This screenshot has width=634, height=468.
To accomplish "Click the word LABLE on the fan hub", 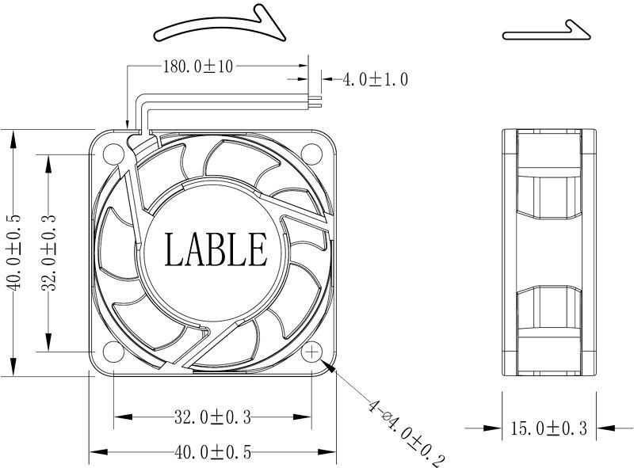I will tap(215, 249).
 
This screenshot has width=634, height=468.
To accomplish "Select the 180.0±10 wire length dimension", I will tap(197, 67).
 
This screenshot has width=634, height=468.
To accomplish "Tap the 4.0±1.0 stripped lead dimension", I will tap(374, 79).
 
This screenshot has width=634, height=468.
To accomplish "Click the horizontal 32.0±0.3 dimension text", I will tap(212, 416).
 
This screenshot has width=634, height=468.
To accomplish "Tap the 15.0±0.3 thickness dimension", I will tap(548, 428).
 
